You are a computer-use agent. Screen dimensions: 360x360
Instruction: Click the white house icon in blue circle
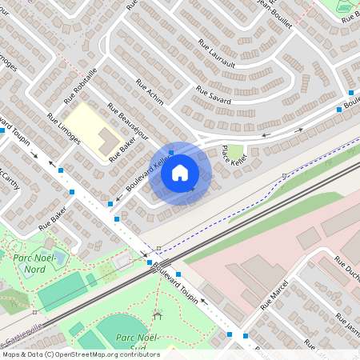180,173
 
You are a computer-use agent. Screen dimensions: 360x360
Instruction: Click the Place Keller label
234,155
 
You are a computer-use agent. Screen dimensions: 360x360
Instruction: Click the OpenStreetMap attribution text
80,354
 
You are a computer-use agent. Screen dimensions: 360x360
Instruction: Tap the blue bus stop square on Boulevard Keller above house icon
171,152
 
